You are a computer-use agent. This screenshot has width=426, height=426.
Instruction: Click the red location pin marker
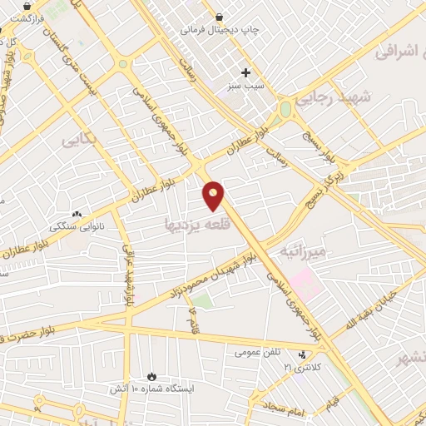[x=214, y=195]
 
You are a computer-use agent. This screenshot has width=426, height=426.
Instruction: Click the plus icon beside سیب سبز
[x=245, y=72]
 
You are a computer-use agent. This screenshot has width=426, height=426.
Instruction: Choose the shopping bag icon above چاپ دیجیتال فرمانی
[x=218, y=16]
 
